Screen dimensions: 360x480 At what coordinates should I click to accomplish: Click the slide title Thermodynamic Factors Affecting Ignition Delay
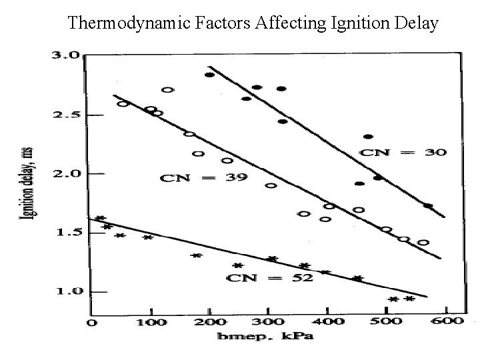[253, 24]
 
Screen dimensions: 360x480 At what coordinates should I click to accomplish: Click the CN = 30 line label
[403, 152]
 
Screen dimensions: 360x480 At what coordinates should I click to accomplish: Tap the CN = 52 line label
[269, 277]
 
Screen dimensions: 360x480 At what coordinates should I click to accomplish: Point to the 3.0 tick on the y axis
[67, 56]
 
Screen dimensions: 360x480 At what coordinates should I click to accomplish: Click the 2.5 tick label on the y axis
[67, 115]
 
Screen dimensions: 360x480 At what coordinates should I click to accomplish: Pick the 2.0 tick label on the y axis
[67, 174]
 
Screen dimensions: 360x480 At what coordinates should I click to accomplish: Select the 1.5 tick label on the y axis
[67, 233]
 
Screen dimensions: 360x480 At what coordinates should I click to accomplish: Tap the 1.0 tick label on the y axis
[67, 291]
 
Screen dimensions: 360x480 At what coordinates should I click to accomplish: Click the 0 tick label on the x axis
[92, 323]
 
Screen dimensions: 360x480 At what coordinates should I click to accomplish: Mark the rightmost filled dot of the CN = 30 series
[427, 206]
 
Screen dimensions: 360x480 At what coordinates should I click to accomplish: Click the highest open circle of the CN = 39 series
[167, 89]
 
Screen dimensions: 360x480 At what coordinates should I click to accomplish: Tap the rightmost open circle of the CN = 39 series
[423, 242]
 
